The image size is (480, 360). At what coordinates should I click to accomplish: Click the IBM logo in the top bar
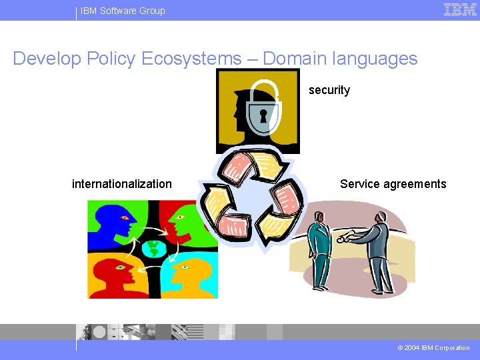coord(460,10)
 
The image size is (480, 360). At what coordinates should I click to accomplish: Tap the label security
coord(329,90)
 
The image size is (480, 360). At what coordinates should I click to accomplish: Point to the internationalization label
coord(122,184)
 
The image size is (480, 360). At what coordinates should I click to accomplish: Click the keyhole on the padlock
coord(263,117)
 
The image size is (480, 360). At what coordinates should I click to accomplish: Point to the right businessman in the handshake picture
coord(381,250)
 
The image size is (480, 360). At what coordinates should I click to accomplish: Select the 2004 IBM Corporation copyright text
coord(433,348)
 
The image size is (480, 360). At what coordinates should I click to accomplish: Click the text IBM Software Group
coord(123,11)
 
